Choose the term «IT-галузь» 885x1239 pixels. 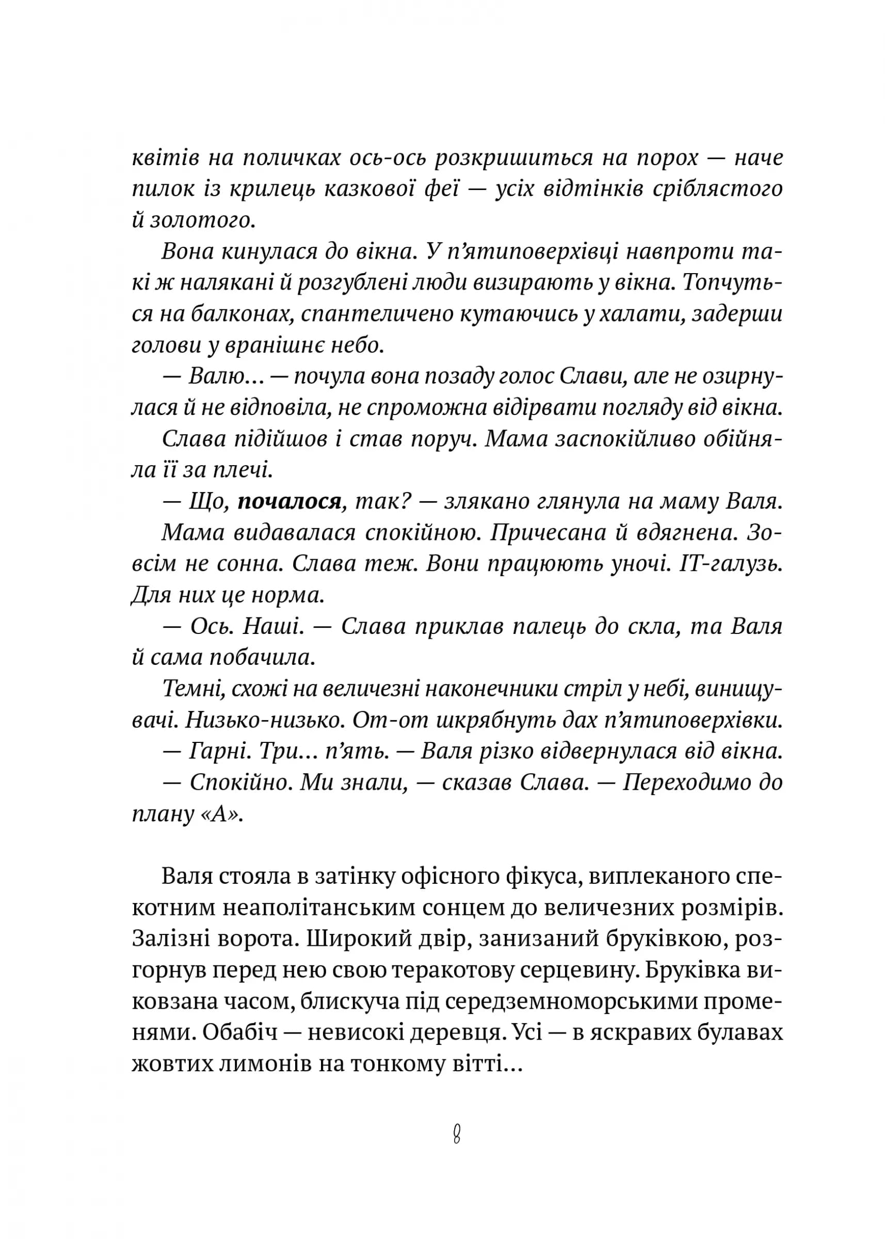731,564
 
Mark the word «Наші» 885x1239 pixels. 273,626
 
